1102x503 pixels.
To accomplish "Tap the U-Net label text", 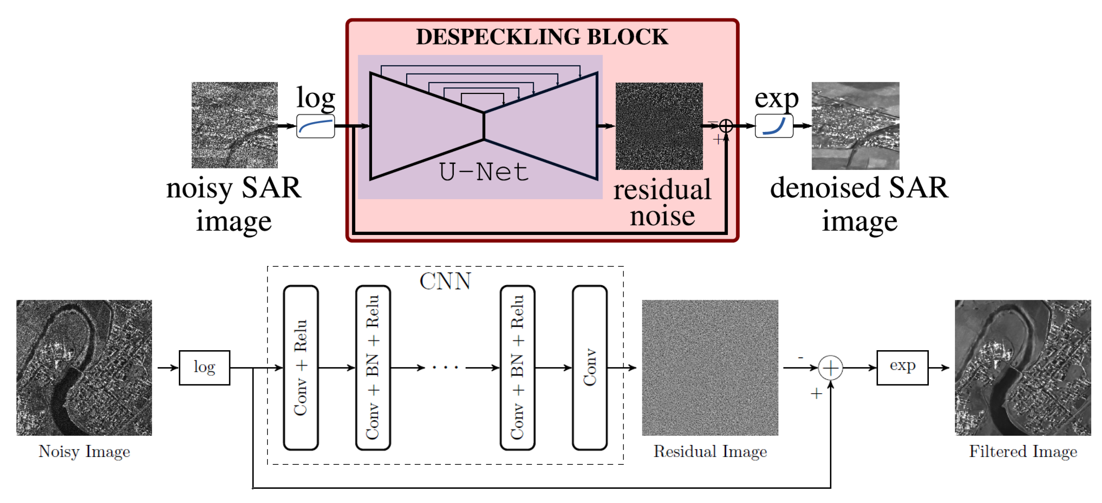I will [x=484, y=172].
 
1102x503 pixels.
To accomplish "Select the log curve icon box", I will [x=315, y=126].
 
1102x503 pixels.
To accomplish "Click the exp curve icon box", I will [x=774, y=126].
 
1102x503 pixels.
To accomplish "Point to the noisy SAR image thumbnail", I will [x=234, y=125].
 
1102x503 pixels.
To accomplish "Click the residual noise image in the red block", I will [x=659, y=126].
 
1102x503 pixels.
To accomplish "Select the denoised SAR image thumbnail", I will [x=855, y=126].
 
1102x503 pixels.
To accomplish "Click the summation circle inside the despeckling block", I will [x=726, y=126].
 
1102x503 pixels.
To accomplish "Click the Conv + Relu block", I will [x=301, y=367].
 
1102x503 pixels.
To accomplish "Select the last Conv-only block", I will [x=589, y=367].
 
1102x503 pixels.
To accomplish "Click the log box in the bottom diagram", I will [x=204, y=367].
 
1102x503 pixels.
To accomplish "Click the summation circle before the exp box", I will [x=830, y=368].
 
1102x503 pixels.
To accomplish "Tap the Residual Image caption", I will [x=710, y=451].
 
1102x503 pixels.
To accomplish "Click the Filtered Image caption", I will [x=1023, y=451].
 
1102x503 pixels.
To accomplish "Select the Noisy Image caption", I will [x=84, y=451].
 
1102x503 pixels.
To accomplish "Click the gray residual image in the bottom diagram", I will [x=710, y=367].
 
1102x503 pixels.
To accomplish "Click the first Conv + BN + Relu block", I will [x=373, y=367].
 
